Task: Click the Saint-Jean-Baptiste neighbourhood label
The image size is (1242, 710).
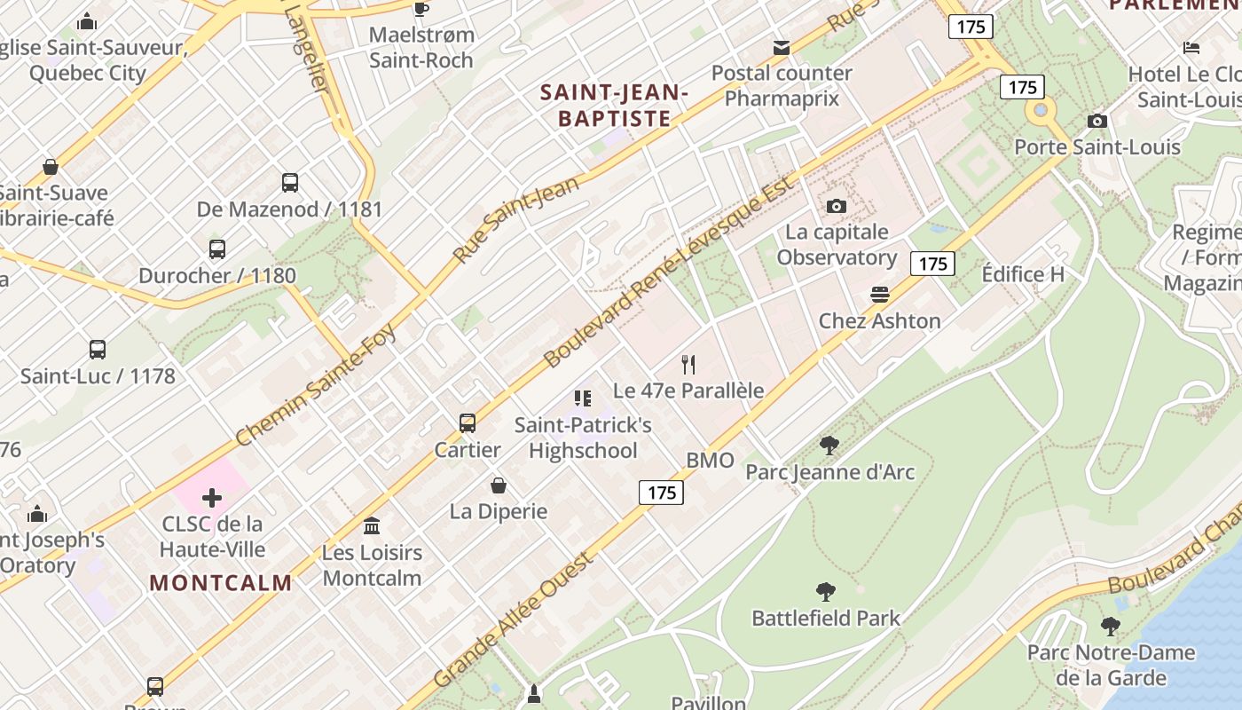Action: [614, 105]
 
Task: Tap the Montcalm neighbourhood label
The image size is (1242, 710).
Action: [221, 583]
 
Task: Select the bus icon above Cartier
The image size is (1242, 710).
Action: [468, 423]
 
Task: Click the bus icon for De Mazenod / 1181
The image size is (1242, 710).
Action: [290, 183]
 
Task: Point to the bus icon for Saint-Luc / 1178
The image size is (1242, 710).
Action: [98, 350]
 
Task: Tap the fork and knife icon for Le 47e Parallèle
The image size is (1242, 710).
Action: [688, 364]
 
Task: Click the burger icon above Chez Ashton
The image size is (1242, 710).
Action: [880, 295]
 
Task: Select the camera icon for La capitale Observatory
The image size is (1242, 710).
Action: [836, 207]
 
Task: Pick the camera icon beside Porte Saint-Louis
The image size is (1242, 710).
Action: [1097, 122]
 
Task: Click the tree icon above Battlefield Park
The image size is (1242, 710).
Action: [826, 592]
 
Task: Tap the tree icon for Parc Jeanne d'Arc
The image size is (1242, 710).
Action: [829, 446]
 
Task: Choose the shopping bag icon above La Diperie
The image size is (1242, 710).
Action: [499, 485]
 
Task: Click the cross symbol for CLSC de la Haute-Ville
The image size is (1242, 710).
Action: [212, 498]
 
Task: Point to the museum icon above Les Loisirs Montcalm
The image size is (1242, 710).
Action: [372, 526]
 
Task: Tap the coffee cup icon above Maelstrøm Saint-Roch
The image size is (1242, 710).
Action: [421, 10]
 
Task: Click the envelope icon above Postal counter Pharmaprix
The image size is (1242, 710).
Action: [782, 48]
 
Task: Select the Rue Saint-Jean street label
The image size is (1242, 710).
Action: [515, 219]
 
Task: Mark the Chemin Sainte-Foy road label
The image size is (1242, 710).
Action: [316, 383]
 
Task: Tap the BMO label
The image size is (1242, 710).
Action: [711, 460]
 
